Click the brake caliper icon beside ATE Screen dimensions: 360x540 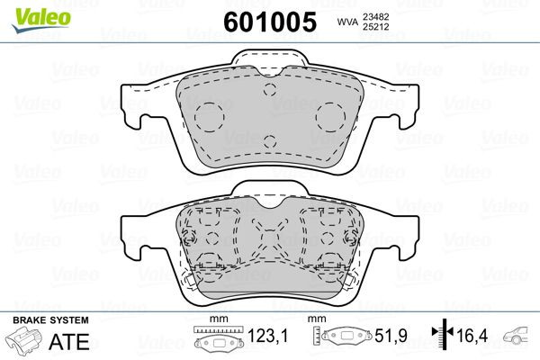click(25, 342)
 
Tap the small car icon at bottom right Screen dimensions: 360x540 click(517, 338)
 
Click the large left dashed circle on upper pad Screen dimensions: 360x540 click(210, 114)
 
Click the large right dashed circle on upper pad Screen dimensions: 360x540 click(330, 114)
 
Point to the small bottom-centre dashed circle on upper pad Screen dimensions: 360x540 click(270, 139)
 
